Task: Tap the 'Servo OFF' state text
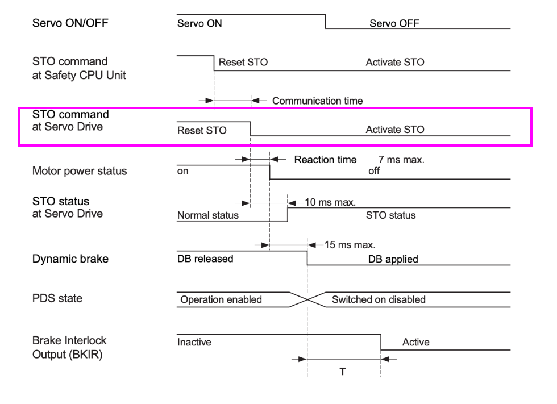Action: [394, 23]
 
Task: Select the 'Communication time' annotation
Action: [317, 101]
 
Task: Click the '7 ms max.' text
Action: [401, 160]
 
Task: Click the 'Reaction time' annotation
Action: [325, 160]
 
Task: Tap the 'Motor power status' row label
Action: [80, 171]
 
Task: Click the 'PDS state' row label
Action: [57, 298]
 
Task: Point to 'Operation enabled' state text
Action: [221, 299]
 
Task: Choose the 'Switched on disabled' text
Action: [379, 299]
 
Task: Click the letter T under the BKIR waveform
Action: [343, 372]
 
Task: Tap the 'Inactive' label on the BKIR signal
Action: [194, 342]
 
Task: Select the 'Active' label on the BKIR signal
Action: [415, 342]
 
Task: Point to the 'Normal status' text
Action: [208, 216]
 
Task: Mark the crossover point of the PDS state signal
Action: [307, 299]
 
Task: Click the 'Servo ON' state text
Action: [199, 23]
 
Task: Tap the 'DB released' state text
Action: [205, 259]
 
